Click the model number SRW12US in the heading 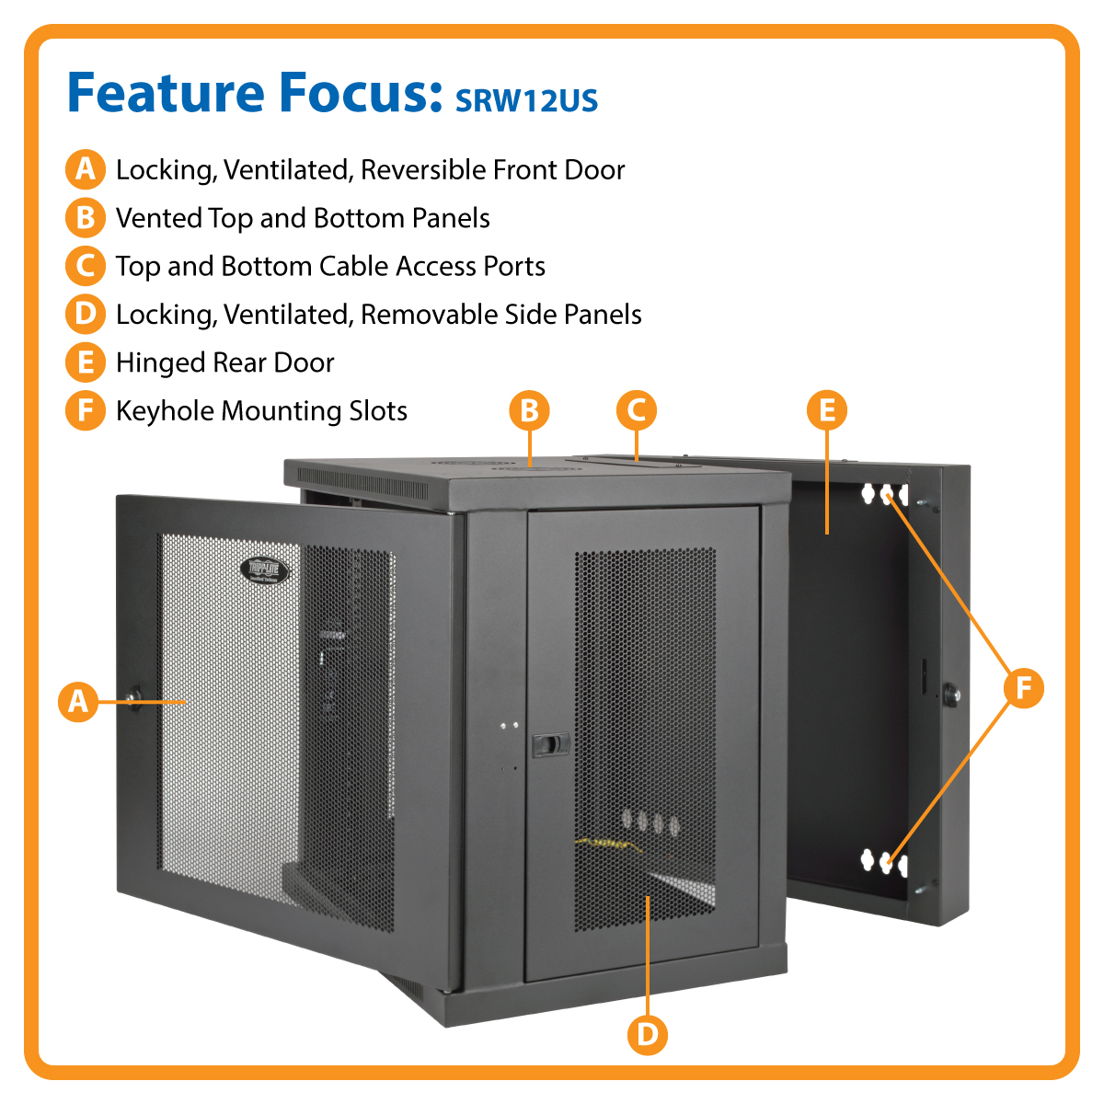point(526,99)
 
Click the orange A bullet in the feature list point(85,169)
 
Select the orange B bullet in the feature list point(85,218)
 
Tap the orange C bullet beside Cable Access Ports point(85,266)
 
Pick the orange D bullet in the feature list point(85,314)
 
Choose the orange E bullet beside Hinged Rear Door point(85,362)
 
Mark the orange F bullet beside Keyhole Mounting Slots point(85,410)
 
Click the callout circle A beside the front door point(78,702)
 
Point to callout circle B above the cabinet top point(529,410)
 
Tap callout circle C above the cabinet point(637,410)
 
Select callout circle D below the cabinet point(648,1035)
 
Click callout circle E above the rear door point(827,410)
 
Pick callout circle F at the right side point(1024,688)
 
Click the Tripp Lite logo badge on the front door point(265,570)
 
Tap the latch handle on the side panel point(549,743)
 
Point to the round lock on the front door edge point(134,696)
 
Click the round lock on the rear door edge point(949,694)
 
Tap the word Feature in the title point(166,93)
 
